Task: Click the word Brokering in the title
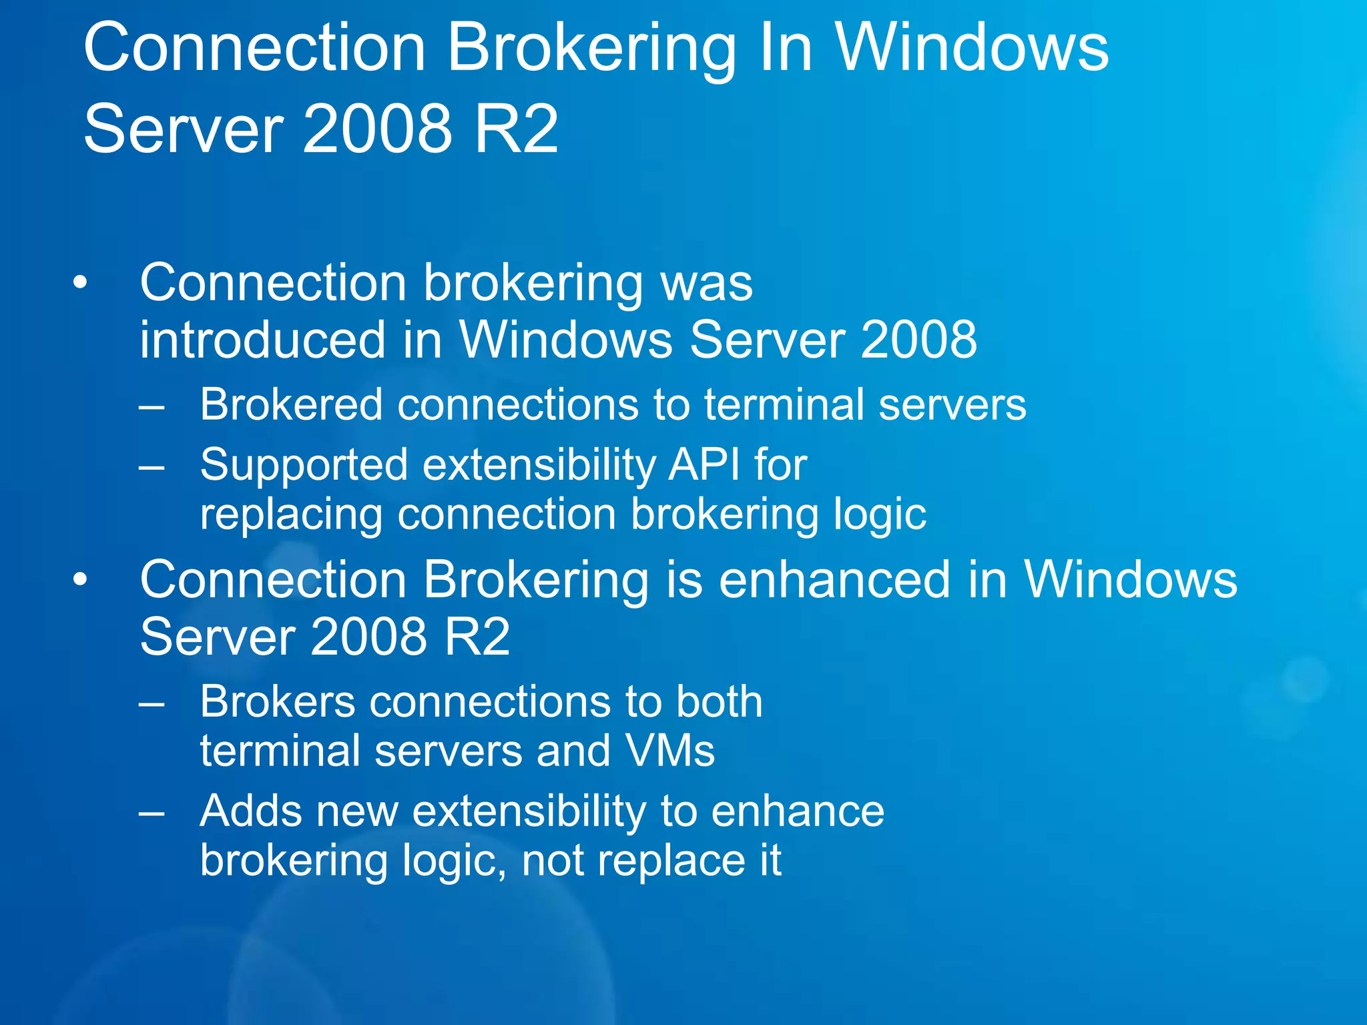point(591,49)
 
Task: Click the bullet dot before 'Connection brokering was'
point(80,283)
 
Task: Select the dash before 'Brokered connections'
point(152,405)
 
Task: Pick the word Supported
point(304,465)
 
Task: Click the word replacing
point(291,515)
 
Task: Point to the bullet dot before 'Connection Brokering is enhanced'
point(80,579)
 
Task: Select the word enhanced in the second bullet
point(834,579)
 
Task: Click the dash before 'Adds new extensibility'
point(152,812)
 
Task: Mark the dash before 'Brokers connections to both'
point(152,703)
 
